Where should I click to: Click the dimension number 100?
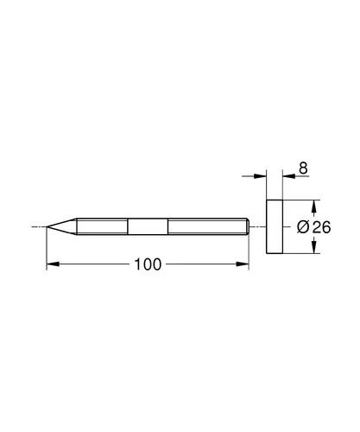[x=148, y=264]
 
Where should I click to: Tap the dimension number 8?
[x=303, y=168]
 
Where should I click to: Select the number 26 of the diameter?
[x=322, y=227]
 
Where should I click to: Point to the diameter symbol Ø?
[x=303, y=227]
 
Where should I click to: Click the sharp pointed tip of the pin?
[x=47, y=227]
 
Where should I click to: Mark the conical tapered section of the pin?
[x=62, y=226]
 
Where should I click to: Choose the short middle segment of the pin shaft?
[x=148, y=226]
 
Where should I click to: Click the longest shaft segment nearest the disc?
[x=207, y=226]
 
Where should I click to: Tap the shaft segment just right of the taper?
[x=102, y=226]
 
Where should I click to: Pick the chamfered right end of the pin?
[x=248, y=226]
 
